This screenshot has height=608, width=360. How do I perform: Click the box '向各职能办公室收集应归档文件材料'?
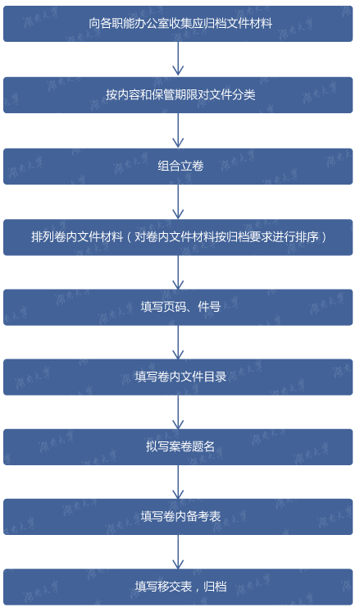pyautogui.click(x=178, y=24)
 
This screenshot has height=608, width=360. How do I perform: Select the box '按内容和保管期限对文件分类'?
pyautogui.click(x=178, y=95)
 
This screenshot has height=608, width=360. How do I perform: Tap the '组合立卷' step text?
pyautogui.click(x=180, y=166)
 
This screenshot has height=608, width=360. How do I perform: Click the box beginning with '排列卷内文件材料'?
pyautogui.click(x=178, y=237)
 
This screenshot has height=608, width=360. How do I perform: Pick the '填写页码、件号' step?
pyautogui.click(x=178, y=307)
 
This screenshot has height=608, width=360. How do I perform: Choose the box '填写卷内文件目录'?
pyautogui.click(x=178, y=377)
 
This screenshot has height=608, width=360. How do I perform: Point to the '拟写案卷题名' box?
pyautogui.click(x=178, y=446)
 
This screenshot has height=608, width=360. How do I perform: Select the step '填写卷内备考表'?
pyautogui.click(x=178, y=516)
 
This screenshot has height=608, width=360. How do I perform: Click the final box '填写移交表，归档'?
pyautogui.click(x=178, y=587)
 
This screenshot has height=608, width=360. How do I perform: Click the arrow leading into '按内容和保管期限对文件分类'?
pyautogui.click(x=178, y=58)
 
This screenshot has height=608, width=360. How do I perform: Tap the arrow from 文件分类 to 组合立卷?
pyautogui.click(x=178, y=130)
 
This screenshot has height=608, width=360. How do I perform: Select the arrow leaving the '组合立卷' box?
pyautogui.click(x=178, y=202)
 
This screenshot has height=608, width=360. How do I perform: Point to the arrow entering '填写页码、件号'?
pyautogui.click(x=178, y=272)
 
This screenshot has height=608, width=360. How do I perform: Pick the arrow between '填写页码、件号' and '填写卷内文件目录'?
pyautogui.click(x=178, y=342)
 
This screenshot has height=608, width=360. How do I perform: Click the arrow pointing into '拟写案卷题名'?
pyautogui.click(x=178, y=412)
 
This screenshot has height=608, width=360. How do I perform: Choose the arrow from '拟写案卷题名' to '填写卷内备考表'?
pyautogui.click(x=178, y=482)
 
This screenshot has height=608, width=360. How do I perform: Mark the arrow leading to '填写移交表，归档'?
pyautogui.click(x=178, y=551)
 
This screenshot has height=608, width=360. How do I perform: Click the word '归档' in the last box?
pyautogui.click(x=215, y=587)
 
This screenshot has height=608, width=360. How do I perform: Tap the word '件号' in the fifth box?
pyautogui.click(x=209, y=307)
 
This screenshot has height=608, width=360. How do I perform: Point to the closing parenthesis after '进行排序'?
pyautogui.click(x=324, y=237)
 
